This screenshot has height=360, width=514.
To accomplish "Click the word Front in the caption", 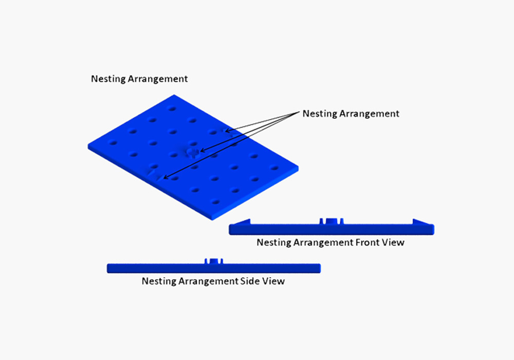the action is (x=369, y=242).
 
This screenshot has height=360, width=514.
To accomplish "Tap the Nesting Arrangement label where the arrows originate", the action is (x=351, y=114).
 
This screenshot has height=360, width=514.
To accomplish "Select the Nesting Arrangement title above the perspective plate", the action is (x=139, y=79).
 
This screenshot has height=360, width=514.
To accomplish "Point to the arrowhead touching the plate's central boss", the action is (x=203, y=151).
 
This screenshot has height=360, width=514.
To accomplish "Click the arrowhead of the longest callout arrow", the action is (x=166, y=178).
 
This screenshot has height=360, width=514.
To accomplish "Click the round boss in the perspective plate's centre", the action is (x=193, y=152).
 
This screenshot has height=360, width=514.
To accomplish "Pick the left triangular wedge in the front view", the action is (x=243, y=222).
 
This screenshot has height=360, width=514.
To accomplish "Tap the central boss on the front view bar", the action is (x=332, y=221).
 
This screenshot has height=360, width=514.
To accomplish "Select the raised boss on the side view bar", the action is (x=214, y=261).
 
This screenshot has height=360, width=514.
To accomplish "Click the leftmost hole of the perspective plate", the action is (x=113, y=143).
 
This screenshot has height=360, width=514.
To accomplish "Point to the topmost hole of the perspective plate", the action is (x=172, y=109).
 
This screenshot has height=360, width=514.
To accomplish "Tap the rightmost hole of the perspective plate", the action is (x=274, y=168).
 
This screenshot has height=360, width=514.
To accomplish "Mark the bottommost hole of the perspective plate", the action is (x=215, y=202).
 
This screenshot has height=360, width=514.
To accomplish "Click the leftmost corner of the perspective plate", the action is (x=88, y=146).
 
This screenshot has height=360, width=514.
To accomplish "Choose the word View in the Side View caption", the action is (x=273, y=281).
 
